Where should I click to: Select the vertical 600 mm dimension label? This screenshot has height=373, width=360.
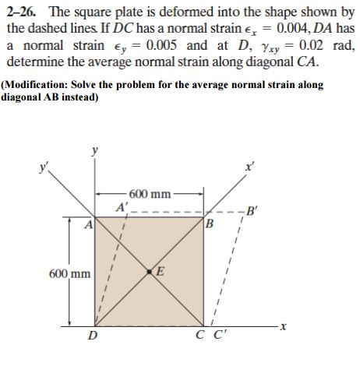coord(69,274)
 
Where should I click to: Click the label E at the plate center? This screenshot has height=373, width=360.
coord(161,271)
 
